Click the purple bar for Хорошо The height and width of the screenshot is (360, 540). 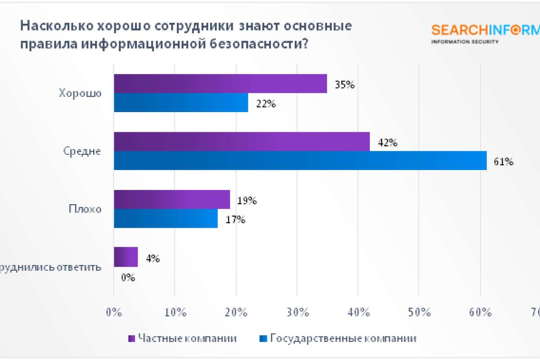pos(220,84)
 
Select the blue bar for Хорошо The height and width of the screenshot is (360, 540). pos(180,103)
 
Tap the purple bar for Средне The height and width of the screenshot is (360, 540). pos(242,142)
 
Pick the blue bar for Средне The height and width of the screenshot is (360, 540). pos(300,161)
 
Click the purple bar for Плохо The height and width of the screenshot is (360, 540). pos(171,199)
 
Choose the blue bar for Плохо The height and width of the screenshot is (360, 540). pos(166,218)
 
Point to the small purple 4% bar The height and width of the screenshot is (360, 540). pos(126,257)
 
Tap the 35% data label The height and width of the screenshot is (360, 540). pos(345,84)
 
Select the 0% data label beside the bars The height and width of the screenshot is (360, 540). pos(128,278)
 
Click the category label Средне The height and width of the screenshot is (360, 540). pos(82,152)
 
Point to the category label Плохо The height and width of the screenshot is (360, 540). pos(85,209)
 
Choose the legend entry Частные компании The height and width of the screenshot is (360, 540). pos(182,338)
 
